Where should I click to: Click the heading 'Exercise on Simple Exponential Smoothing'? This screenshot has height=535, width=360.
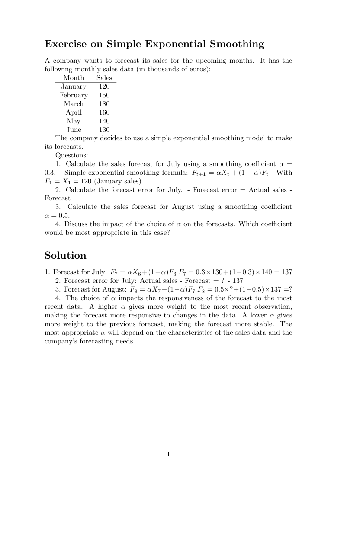pyautogui.click(x=154, y=44)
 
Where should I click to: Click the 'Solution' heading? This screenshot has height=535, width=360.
pyautogui.click(x=65, y=255)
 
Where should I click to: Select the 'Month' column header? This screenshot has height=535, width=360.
pyautogui.click(x=74, y=78)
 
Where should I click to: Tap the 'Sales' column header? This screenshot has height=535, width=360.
pyautogui.click(x=104, y=78)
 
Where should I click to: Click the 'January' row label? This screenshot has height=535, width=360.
pyautogui.click(x=74, y=86)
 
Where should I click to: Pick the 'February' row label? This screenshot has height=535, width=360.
pyautogui.click(x=74, y=95)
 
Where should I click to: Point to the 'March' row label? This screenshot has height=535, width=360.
pyautogui.click(x=74, y=104)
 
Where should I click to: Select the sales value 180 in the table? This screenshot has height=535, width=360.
pyautogui.click(x=104, y=104)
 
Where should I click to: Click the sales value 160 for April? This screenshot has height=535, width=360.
pyautogui.click(x=104, y=112)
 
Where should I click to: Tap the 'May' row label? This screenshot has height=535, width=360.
pyautogui.click(x=74, y=121)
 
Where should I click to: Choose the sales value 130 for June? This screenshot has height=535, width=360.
pyautogui.click(x=104, y=130)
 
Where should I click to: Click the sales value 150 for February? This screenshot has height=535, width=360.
pyautogui.click(x=104, y=95)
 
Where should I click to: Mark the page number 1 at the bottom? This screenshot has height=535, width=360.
pyautogui.click(x=168, y=454)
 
